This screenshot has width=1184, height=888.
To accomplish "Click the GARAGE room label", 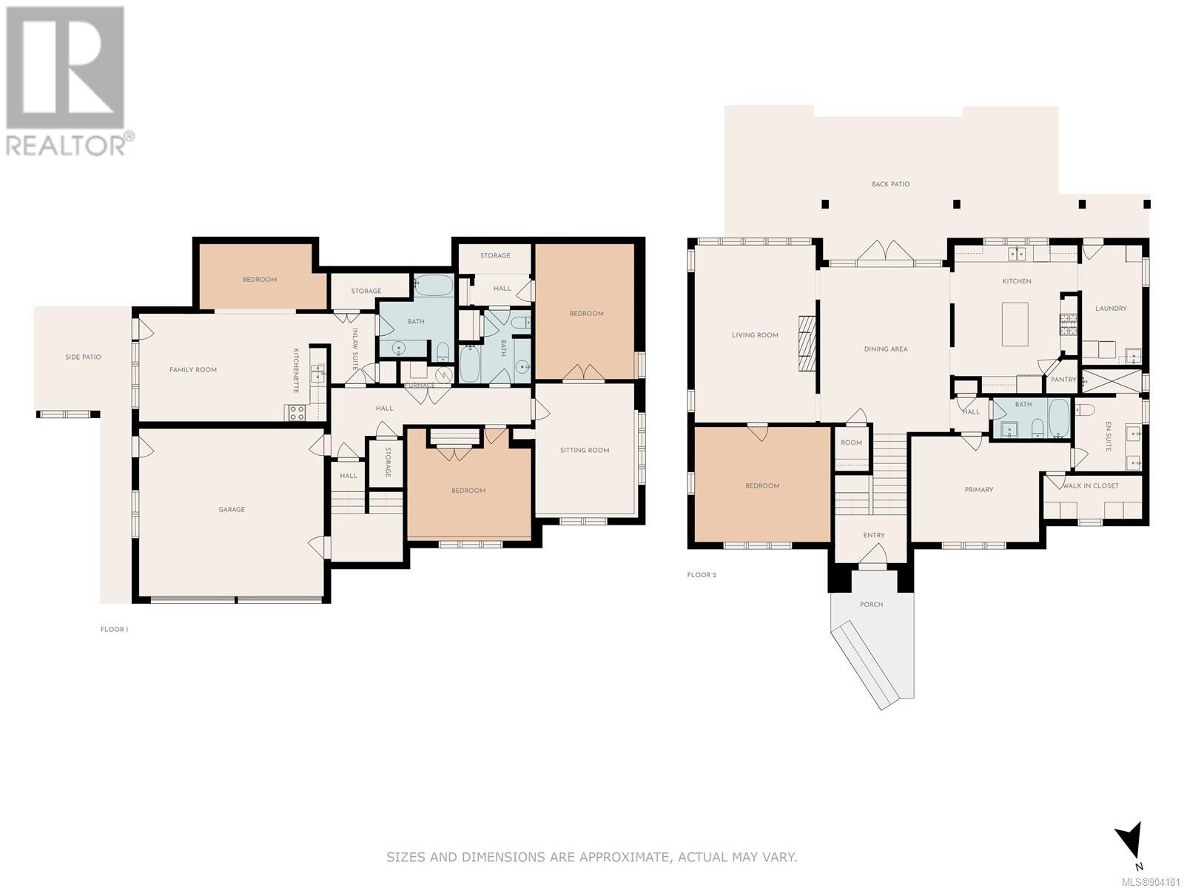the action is coord(232,509).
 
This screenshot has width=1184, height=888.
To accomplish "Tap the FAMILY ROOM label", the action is coord(192,370).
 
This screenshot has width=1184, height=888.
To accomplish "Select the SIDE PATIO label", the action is coord(83,357).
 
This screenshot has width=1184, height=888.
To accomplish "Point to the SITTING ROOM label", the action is coord(584,450).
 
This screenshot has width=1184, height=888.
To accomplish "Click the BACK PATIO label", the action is coord(890,184).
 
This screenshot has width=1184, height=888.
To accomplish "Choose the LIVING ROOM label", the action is coord(755,335).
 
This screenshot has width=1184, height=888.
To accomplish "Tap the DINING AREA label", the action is coord(885,349).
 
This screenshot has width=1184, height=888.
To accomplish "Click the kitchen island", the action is coord(1015,324).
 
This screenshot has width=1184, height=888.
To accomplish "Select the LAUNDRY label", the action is coord(1111,309).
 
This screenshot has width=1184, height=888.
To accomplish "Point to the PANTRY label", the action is coord(1063,380).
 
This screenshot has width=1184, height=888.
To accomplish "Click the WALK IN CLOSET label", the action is coord(1091,485).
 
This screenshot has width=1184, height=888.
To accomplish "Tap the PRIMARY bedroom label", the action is coord(978,490).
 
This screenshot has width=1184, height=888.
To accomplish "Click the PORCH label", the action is coord(871,605).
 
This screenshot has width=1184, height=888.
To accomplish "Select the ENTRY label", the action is coord(874,535).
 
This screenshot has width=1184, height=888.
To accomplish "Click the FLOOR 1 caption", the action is coord(114,629).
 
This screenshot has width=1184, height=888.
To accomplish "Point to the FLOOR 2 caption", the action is coord(702,575).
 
